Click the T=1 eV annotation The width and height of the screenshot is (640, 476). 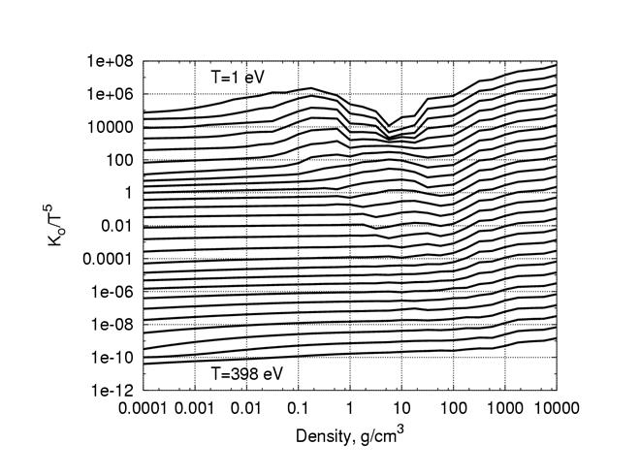click(x=238, y=75)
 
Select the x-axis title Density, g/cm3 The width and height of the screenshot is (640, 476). click(x=349, y=436)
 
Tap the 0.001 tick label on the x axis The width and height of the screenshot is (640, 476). click(x=196, y=407)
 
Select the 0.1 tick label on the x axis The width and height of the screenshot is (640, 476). click(x=299, y=407)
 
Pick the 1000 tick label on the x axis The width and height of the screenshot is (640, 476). click(x=504, y=407)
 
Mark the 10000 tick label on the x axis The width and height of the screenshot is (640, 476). click(x=553, y=407)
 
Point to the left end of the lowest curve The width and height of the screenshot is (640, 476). click(x=144, y=365)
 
